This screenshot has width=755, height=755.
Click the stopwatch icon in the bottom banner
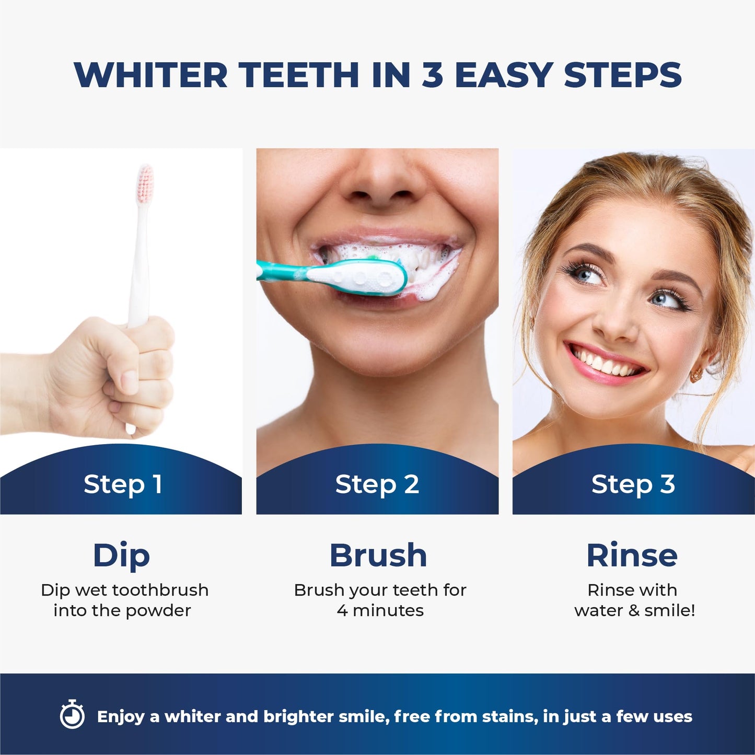(72, 715)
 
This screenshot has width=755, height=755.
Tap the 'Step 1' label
(123, 484)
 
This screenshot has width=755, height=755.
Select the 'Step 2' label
(377, 484)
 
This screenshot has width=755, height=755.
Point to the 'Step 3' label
(633, 484)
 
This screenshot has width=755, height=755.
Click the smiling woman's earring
(696, 374)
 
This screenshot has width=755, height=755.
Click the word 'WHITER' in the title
(150, 75)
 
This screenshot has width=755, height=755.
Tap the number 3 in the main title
(432, 75)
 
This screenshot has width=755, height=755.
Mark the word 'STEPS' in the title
(623, 75)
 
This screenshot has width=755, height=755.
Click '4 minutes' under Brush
(380, 610)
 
